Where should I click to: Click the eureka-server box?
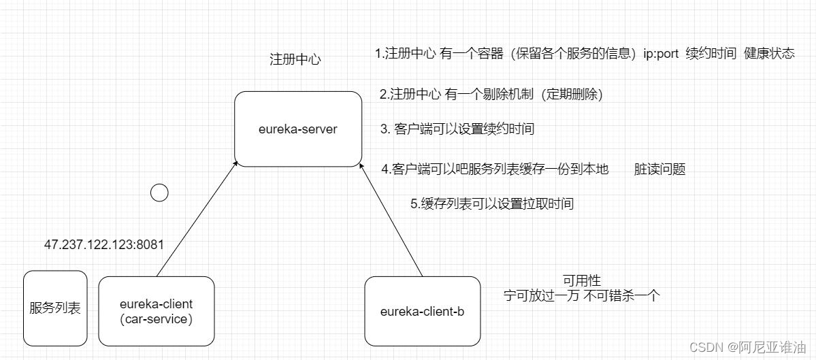[298, 129]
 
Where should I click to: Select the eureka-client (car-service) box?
[156, 311]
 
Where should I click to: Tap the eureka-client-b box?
[422, 311]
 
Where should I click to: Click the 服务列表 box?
[55, 308]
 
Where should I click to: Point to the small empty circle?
[159, 193]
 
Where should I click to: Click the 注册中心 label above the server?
[295, 59]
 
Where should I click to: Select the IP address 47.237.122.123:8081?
[104, 244]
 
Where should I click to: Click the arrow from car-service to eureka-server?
[196, 220]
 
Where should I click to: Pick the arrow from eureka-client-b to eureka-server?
[391, 220]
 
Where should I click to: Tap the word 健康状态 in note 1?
[769, 54]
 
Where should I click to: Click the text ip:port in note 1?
[661, 54]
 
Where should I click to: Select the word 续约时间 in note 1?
[712, 54]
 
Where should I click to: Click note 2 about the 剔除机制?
[491, 95]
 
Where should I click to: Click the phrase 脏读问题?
[659, 169]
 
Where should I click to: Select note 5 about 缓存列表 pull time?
[492, 203]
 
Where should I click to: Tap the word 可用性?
[582, 280]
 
